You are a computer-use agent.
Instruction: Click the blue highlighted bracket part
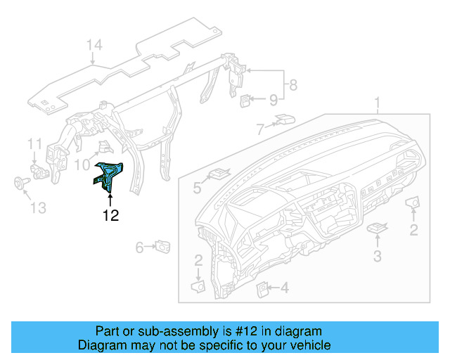(x=109, y=175)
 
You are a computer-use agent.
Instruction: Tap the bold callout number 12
(x=110, y=216)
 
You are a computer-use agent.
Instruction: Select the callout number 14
(x=94, y=46)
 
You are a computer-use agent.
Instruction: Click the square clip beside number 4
(x=262, y=287)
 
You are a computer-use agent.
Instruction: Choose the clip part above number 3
(x=379, y=228)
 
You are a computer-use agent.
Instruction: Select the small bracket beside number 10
(x=104, y=147)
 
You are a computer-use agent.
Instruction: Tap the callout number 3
(x=377, y=257)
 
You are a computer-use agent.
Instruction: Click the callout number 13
(x=37, y=208)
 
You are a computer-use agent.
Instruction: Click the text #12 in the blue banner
(x=225, y=331)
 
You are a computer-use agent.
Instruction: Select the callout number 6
(x=140, y=247)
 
